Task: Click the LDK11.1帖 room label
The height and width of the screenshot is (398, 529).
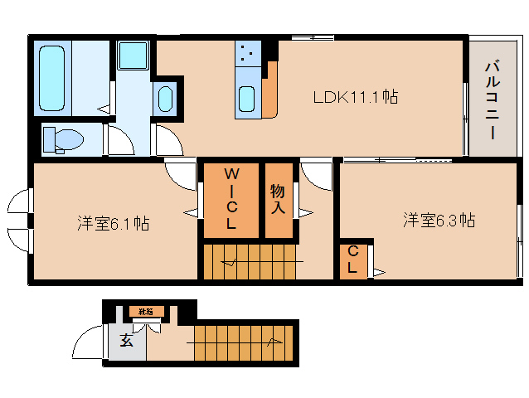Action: (355, 97)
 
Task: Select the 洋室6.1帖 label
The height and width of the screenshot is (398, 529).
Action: (114, 223)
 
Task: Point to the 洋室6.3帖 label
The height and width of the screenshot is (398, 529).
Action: (439, 220)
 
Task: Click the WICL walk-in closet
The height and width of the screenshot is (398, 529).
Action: (231, 199)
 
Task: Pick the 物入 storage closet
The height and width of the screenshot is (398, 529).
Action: (278, 199)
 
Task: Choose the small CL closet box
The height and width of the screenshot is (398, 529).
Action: (353, 260)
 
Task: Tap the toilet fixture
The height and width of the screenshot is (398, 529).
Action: (61, 138)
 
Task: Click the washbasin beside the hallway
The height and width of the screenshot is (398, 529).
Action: (166, 99)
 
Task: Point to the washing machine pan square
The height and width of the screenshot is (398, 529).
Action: (132, 56)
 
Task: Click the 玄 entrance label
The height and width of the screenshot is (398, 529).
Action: (125, 339)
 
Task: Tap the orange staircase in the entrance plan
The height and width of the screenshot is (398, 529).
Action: (245, 342)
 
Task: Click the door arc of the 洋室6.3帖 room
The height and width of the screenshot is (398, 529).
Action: (316, 176)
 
